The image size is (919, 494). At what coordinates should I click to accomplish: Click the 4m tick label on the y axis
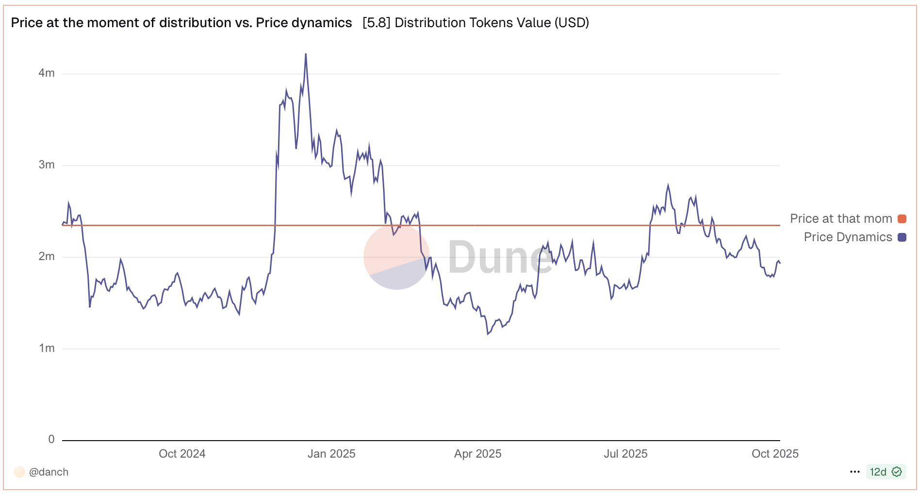coord(47,73)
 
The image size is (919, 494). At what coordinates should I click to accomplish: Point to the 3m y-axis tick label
coord(47,165)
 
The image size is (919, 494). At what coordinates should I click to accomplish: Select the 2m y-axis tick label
coord(47,257)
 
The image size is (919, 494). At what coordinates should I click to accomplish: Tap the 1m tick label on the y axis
coord(47,348)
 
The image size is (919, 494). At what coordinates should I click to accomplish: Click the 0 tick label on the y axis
coord(51,440)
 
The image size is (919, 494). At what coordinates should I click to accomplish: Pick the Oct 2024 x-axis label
coord(182,454)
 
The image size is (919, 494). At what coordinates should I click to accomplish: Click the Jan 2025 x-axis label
coord(331,454)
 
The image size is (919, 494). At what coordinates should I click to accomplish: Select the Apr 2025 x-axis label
coord(477,454)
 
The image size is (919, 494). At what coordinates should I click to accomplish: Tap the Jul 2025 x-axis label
coord(625,454)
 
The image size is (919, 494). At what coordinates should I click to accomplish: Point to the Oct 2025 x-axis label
coord(775,454)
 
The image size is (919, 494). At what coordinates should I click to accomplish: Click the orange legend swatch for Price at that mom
coord(902,219)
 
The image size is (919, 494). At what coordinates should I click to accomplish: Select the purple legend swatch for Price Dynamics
coord(902,237)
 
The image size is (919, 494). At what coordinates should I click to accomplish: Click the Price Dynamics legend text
coord(848,237)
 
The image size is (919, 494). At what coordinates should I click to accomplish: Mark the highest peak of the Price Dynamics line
coord(306,54)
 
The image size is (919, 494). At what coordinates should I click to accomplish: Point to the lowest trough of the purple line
coord(488,334)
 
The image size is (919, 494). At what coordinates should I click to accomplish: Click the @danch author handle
coord(49,472)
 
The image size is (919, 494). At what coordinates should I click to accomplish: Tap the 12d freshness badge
coord(886,472)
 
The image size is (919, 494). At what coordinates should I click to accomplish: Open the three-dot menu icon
coord(855,472)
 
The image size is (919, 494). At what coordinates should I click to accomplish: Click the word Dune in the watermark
coord(500,257)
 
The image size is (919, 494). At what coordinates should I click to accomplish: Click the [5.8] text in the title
coord(377,23)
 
